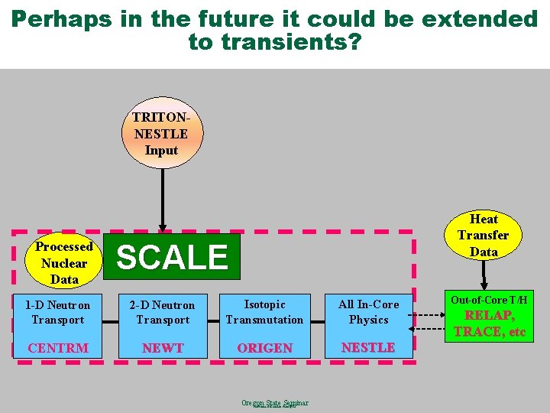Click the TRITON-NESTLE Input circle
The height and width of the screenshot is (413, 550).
coord(161,133)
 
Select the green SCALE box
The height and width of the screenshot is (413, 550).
coord(172,257)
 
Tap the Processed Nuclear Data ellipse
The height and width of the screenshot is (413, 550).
coord(64,262)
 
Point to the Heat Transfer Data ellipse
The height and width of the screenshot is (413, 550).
coord(484,236)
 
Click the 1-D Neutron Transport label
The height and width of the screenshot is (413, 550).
coord(58,312)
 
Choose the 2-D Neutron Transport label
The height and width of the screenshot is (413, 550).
coord(162,312)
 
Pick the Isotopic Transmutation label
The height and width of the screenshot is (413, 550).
coord(264,312)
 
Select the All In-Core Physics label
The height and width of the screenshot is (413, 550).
coord(368,312)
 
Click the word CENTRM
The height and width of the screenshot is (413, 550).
coord(58,348)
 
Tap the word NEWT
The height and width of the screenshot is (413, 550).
coord(163,348)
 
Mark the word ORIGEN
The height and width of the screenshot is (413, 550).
coord(264,348)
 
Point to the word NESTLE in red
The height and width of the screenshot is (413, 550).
coord(368,347)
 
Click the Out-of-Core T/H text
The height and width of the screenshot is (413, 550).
coord(489,300)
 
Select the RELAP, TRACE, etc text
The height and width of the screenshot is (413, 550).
coord(490,324)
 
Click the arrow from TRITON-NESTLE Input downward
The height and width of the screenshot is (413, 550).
coord(162,199)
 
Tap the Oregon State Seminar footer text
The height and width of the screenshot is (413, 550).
coord(274,402)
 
